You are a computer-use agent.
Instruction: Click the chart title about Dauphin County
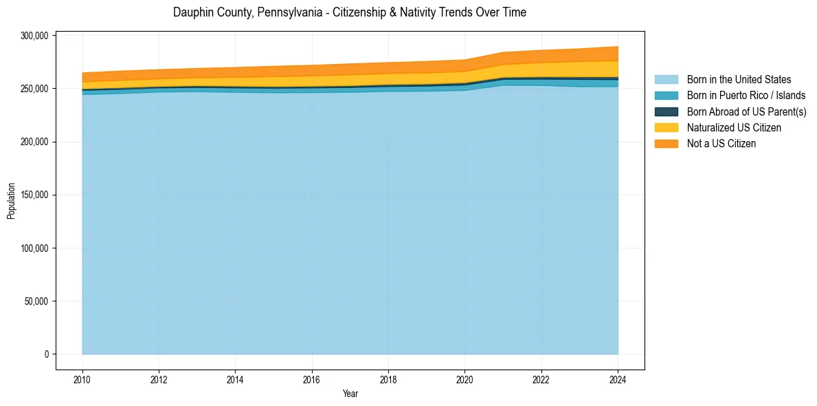pyautogui.click(x=350, y=12)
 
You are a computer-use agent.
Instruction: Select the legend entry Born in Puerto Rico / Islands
pyautogui.click(x=746, y=96)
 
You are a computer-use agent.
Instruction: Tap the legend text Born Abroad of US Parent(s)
pyautogui.click(x=746, y=111)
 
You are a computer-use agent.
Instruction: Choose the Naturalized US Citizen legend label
pyautogui.click(x=734, y=127)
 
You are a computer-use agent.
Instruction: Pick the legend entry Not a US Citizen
pyautogui.click(x=721, y=143)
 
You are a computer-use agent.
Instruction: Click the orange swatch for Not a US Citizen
pyautogui.click(x=666, y=143)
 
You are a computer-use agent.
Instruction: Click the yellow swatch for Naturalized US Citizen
pyautogui.click(x=666, y=127)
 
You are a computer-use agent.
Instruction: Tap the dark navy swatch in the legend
pyautogui.click(x=666, y=111)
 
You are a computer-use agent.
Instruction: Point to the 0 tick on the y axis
pyautogui.click(x=47, y=354)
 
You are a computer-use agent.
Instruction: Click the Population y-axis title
pyautogui.click(x=11, y=201)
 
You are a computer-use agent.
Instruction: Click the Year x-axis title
pyautogui.click(x=350, y=394)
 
